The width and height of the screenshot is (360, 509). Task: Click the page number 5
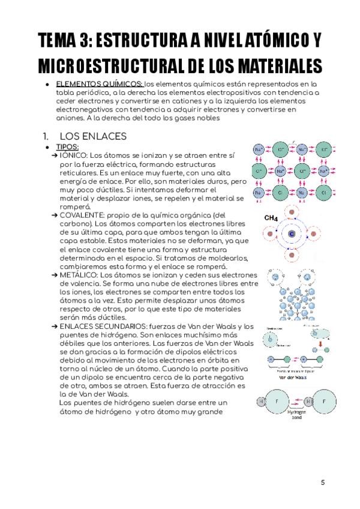point(322,482)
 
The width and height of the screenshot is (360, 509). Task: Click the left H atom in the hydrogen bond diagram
point(261,400)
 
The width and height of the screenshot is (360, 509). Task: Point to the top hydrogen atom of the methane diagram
point(292,212)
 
